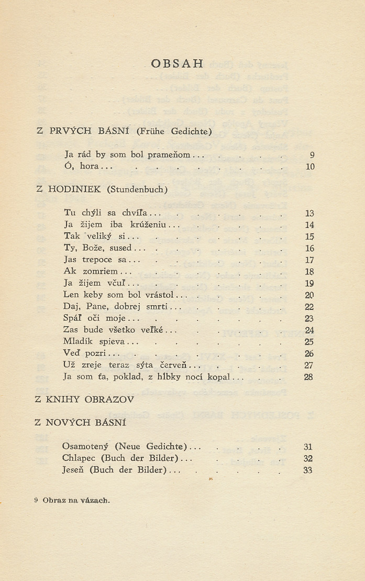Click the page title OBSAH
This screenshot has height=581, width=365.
[x=176, y=63]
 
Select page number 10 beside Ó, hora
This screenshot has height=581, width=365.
[x=309, y=167]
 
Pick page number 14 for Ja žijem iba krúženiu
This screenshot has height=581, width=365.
[x=309, y=225]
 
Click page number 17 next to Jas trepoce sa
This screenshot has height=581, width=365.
[x=309, y=260]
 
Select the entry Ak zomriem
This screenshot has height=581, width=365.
[x=91, y=272]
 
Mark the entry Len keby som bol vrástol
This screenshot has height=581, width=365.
[x=119, y=295]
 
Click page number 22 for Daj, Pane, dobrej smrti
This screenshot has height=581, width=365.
[x=309, y=307]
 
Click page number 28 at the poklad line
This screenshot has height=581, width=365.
[x=308, y=377]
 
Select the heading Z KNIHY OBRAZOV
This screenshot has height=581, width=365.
[x=84, y=400]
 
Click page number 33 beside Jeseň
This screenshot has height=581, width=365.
[x=308, y=470]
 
